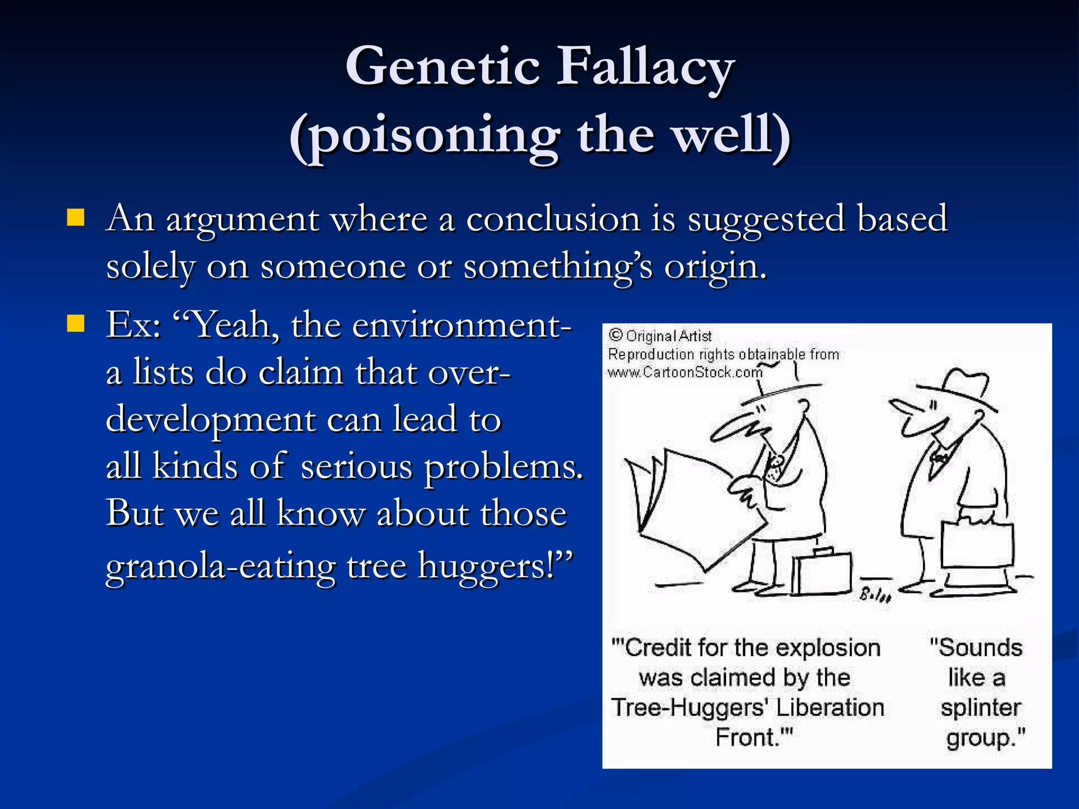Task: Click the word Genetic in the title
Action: click(x=443, y=67)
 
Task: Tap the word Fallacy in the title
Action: click(x=645, y=67)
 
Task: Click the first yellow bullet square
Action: click(x=76, y=217)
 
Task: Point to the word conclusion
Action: click(x=553, y=219)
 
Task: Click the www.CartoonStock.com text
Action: click(x=684, y=373)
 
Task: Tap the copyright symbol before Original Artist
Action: click(x=615, y=336)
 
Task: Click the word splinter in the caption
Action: click(x=980, y=707)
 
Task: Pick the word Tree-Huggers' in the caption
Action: click(x=688, y=707)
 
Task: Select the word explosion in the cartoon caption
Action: click(x=832, y=648)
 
